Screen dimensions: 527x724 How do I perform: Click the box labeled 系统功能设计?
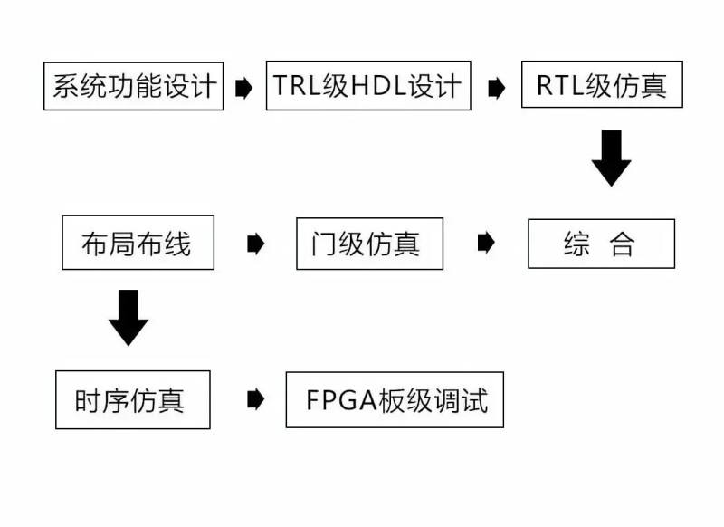coord(133,86)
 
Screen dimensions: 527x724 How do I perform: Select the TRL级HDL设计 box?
coord(367,86)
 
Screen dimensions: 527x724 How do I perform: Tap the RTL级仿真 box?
coord(601,86)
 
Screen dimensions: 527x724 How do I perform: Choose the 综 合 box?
coord(601,244)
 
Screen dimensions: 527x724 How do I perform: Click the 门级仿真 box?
coord(369,244)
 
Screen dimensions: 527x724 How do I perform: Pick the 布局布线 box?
coord(138,243)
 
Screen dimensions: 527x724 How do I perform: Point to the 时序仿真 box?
coord(132,399)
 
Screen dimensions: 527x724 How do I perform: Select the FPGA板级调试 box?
coord(394,399)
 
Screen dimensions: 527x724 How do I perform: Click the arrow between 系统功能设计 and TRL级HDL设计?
coord(243,88)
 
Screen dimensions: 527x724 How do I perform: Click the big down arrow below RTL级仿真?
coord(612,158)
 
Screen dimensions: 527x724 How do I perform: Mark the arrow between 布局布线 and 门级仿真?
coord(255,244)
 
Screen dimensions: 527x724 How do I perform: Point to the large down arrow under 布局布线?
coord(128,317)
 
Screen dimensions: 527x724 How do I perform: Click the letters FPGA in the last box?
coord(341,399)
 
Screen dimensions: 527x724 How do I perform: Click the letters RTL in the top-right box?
coord(558,86)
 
